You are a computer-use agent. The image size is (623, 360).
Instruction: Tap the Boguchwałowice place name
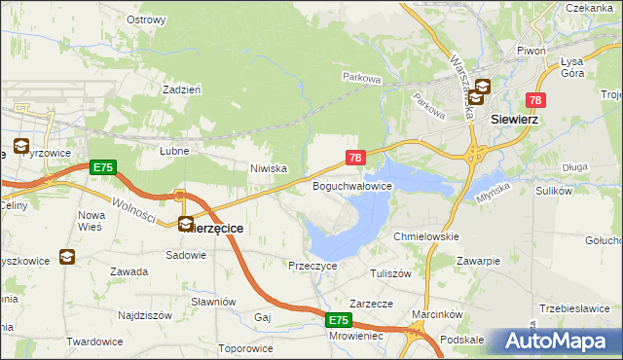pos(351,185)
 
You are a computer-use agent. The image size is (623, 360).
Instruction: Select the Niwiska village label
pos(268,168)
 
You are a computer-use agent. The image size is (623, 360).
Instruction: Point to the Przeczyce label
pos(312,265)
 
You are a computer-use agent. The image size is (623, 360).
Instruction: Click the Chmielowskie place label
pos(425,236)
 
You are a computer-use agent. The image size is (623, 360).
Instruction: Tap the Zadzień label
pos(182,89)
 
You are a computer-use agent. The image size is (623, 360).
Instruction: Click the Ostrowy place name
pos(146,19)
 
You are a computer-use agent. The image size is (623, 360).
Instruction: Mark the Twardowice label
pos(94,342)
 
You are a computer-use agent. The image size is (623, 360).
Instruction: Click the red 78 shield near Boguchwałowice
pos(355,158)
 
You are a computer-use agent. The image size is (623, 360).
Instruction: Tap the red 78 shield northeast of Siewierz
pos(535,100)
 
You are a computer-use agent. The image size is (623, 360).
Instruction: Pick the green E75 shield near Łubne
pos(103,167)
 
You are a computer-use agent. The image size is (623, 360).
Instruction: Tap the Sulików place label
pos(553,191)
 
